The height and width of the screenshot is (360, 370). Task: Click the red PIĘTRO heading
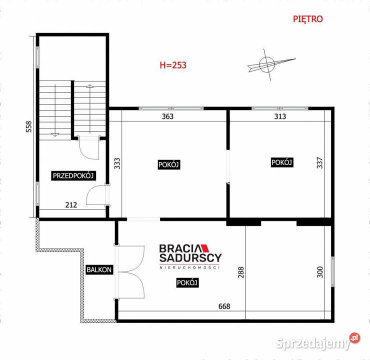[307, 19]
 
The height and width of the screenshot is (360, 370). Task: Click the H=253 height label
[172, 65]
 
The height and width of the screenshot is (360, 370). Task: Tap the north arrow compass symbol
[267, 63]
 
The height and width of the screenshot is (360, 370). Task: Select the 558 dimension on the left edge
[29, 129]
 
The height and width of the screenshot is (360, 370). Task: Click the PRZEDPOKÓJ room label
[74, 175]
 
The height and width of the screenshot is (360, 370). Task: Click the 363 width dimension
[167, 116]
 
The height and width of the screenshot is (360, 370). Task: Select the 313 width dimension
[280, 116]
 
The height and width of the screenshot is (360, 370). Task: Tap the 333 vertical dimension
[117, 164]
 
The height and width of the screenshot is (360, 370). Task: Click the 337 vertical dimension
[320, 164]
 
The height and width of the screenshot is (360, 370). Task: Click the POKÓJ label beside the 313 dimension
[281, 162]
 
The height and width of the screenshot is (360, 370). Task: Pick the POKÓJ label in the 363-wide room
[169, 164]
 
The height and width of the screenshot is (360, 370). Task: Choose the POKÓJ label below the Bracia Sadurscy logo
[187, 282]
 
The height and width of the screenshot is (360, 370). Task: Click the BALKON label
[99, 269]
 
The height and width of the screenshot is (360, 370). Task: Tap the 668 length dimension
[224, 306]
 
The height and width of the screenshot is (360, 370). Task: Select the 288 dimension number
[240, 272]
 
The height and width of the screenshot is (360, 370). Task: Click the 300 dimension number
[320, 271]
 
